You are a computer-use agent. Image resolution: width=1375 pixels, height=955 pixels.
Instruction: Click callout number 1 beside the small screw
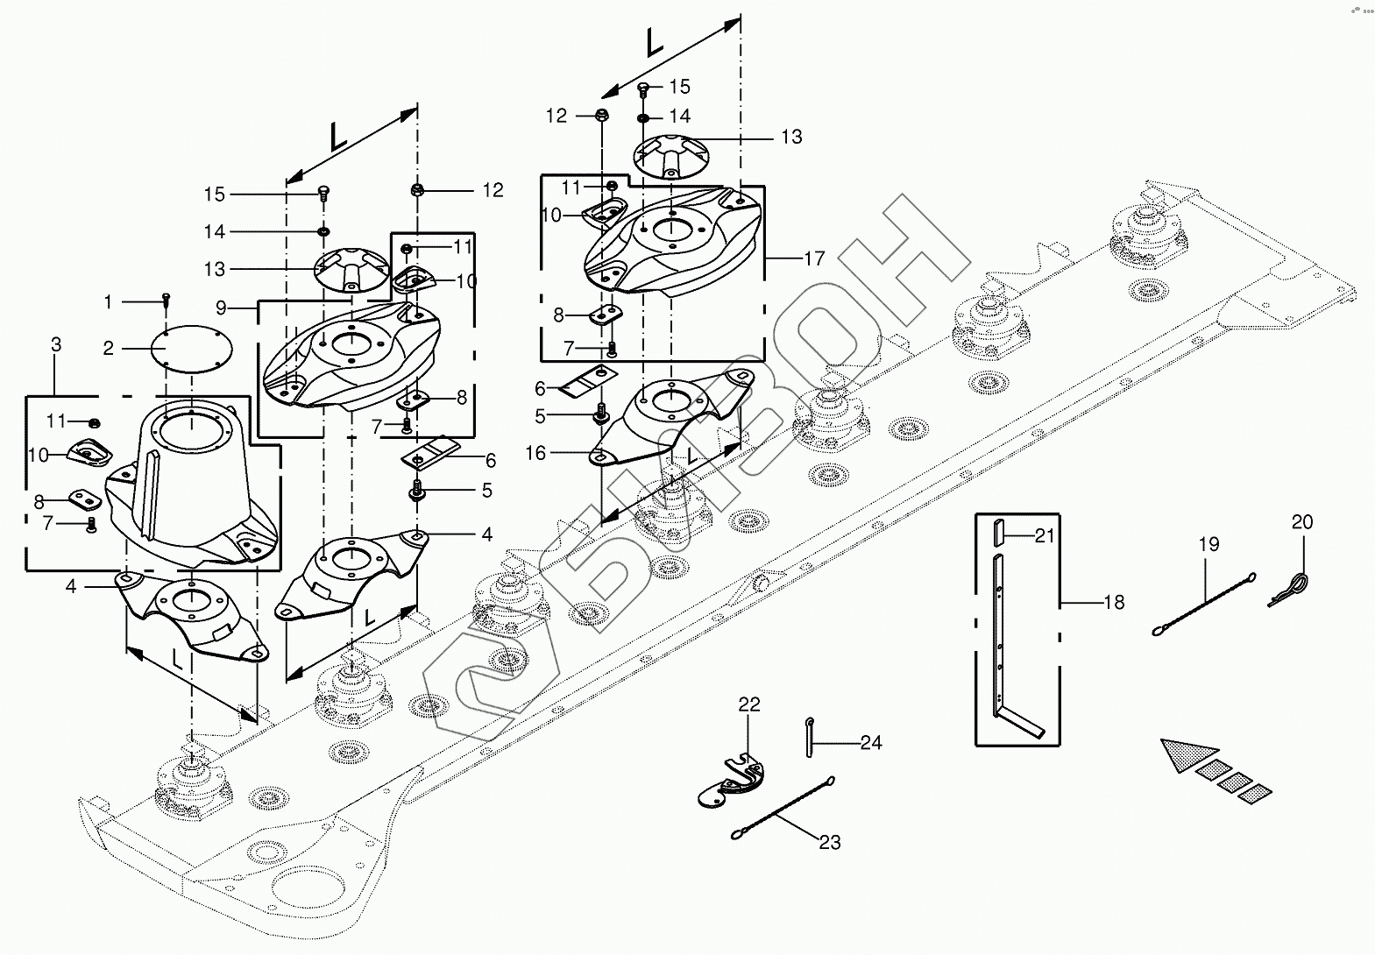[108, 302]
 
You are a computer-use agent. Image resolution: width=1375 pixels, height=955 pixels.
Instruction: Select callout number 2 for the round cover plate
[109, 349]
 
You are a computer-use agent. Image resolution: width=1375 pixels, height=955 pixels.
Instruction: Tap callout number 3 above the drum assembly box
[56, 344]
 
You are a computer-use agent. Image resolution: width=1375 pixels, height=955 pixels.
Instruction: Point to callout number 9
[222, 308]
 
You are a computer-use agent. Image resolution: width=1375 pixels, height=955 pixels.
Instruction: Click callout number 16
[535, 453]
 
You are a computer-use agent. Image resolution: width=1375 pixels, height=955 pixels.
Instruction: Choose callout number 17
[814, 258]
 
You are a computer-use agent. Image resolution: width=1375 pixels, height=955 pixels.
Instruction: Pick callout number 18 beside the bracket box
[1114, 602]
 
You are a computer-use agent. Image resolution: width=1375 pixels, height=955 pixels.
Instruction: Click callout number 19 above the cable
[1208, 544]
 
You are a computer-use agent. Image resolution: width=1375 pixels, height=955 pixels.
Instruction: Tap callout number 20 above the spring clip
[1302, 521]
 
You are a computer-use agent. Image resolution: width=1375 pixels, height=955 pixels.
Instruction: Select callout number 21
[1044, 536]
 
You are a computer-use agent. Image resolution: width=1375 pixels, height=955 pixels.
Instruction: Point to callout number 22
[749, 704]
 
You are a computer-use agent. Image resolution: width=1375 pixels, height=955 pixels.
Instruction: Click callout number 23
[830, 842]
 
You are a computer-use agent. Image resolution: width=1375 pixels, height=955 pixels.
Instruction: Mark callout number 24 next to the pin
[871, 743]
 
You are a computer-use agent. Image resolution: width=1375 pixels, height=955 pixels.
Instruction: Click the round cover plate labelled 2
[192, 349]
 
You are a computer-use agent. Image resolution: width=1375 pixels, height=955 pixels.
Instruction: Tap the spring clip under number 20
[1289, 588]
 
